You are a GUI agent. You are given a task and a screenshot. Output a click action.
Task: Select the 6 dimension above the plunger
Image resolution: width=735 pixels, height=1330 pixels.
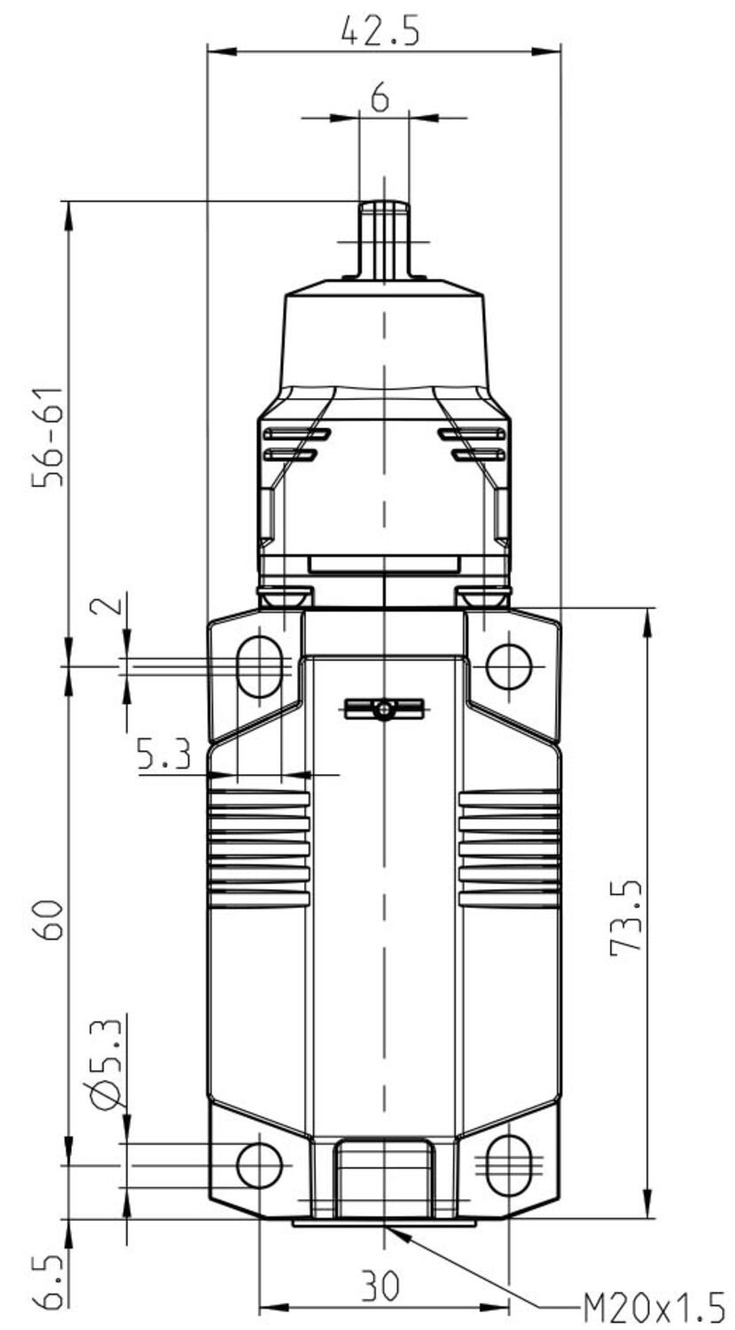coord(379,98)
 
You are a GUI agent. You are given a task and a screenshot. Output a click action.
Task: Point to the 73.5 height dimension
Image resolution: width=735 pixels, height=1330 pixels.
coord(626,918)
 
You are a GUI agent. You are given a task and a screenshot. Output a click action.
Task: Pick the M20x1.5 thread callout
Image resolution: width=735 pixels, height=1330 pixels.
coord(653,1306)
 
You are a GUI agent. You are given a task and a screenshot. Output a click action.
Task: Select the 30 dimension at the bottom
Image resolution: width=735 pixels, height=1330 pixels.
coord(379,1286)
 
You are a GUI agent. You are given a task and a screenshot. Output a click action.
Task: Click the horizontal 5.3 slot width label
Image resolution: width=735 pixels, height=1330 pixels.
coord(164,755)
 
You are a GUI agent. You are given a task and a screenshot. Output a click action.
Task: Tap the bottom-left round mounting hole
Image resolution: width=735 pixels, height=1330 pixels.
coord(259,1164)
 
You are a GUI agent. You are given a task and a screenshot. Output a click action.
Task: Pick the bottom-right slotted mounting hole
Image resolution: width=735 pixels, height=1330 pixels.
coord(509,1164)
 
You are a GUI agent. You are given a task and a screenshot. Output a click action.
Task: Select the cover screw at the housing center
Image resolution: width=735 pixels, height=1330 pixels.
coord(383,709)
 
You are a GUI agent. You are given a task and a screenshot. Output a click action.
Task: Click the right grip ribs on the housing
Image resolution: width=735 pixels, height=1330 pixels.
coord(509,849)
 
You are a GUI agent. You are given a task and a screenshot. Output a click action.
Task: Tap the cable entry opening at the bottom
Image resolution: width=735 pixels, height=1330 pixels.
coord(384,1177)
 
